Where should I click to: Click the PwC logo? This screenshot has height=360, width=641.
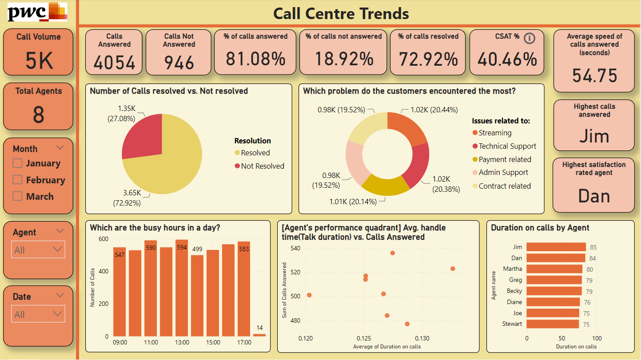(37, 12)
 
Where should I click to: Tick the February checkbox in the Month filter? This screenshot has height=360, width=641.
(18, 180)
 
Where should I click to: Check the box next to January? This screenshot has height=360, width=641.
(18, 163)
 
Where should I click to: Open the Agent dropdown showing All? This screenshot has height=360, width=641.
(38, 249)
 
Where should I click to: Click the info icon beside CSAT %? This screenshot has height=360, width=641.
(530, 38)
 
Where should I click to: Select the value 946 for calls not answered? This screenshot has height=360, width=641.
(179, 62)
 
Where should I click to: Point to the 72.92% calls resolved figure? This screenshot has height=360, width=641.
(428, 59)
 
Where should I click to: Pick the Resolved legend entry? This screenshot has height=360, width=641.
(255, 153)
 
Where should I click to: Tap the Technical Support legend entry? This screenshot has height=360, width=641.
(507, 146)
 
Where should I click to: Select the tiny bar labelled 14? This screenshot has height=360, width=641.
(259, 335)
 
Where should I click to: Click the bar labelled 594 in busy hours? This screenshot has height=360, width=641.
(182, 289)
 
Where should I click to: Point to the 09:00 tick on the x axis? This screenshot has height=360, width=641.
(120, 342)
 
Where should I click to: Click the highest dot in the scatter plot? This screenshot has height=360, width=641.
(393, 253)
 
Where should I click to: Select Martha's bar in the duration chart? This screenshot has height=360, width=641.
(554, 269)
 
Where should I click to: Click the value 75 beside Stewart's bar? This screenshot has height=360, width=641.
(586, 324)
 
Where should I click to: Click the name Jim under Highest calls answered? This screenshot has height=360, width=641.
(594, 136)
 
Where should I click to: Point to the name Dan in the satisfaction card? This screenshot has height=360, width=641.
(594, 196)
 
